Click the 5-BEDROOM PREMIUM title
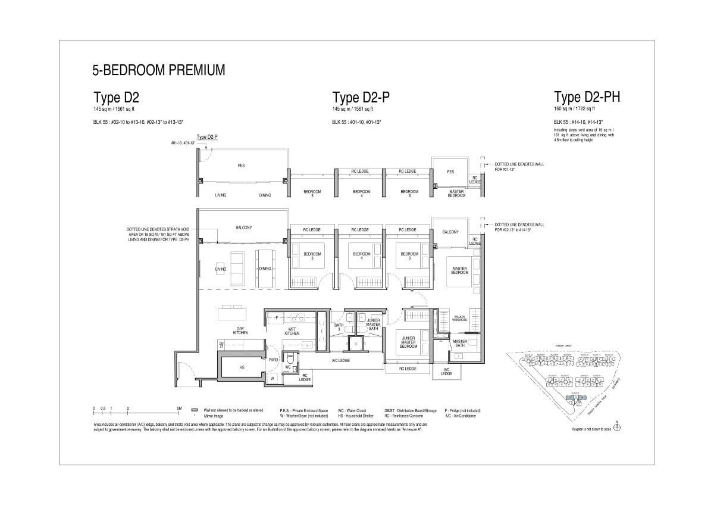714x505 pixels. [x=158, y=70]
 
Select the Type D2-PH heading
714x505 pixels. [x=587, y=97]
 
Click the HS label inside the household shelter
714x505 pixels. [x=242, y=367]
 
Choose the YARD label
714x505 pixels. [x=273, y=360]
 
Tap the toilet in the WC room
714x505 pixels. [x=289, y=359]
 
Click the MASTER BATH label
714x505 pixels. [x=459, y=343]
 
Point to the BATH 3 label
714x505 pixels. [x=338, y=327]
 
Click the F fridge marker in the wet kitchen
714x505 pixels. [x=277, y=318]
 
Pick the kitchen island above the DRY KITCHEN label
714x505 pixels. [x=232, y=313]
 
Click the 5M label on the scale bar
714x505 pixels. [x=179, y=409]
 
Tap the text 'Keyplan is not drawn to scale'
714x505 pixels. [x=591, y=428]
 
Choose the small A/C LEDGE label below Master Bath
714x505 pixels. [x=446, y=372]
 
